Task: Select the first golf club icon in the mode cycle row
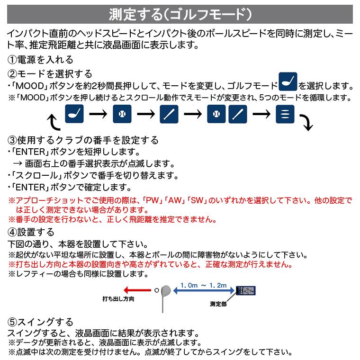(x=75, y=115)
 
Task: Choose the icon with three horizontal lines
(x=285, y=115)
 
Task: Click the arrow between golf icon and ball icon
(x=99, y=115)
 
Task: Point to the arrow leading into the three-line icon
(x=261, y=115)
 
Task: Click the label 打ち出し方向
(x=118, y=299)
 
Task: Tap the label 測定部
(x=218, y=304)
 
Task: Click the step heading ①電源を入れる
(x=40, y=60)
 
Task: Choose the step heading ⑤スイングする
(x=40, y=321)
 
